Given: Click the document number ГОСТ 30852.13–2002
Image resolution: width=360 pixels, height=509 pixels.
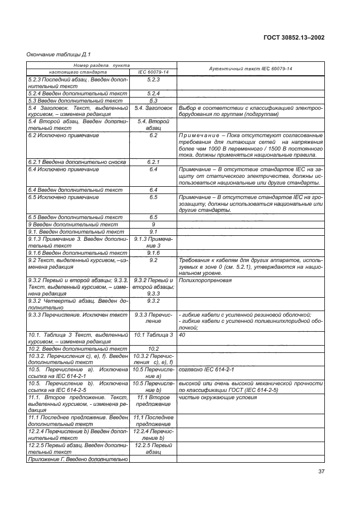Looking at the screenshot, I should click(x=294, y=37).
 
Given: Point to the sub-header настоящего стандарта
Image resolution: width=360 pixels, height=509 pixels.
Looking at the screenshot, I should click(x=78, y=72).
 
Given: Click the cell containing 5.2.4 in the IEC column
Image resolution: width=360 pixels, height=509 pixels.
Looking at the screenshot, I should click(x=153, y=93).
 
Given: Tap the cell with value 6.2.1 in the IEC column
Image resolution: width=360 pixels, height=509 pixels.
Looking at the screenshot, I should click(x=153, y=162).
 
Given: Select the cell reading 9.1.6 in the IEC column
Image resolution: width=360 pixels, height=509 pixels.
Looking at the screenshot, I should click(x=153, y=253).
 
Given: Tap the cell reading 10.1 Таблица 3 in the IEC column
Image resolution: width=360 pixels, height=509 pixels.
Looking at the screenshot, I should click(x=153, y=335).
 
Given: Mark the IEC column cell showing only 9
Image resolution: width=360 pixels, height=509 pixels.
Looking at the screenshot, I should click(x=153, y=224).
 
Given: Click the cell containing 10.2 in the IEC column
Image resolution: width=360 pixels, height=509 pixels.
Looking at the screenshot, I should click(x=153, y=348).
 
